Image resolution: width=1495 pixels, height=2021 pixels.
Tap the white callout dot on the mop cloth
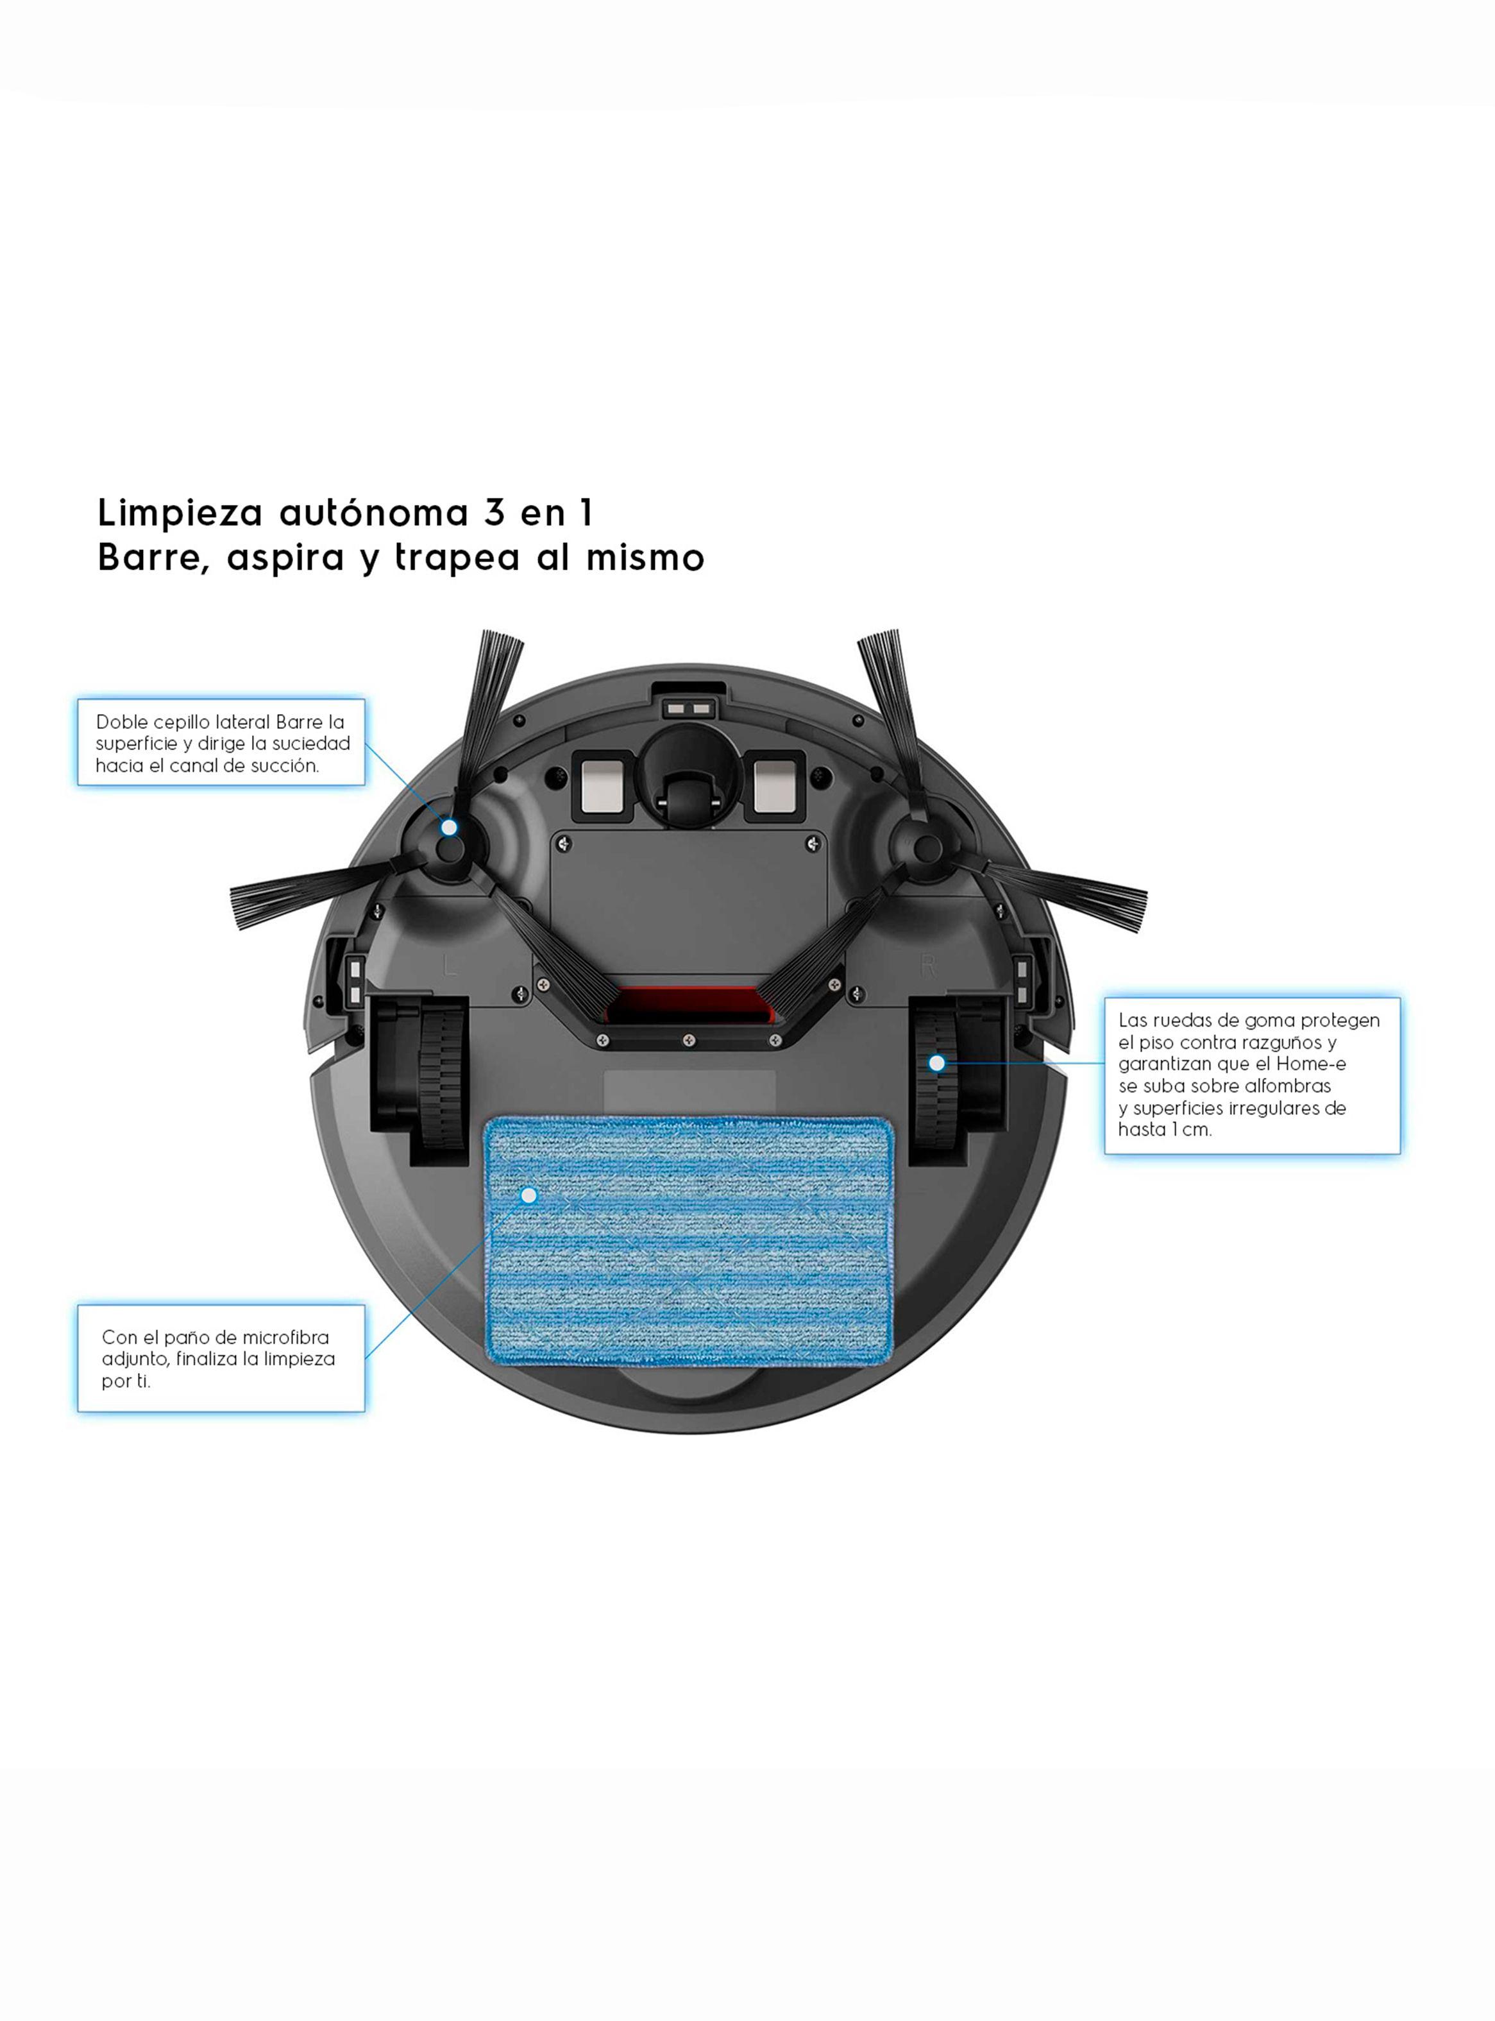click(529, 1195)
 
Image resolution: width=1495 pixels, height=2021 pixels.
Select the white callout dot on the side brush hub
click(449, 826)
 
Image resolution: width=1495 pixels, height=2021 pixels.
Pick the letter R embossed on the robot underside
click(927, 967)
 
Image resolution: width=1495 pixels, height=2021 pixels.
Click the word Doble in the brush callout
click(119, 722)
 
